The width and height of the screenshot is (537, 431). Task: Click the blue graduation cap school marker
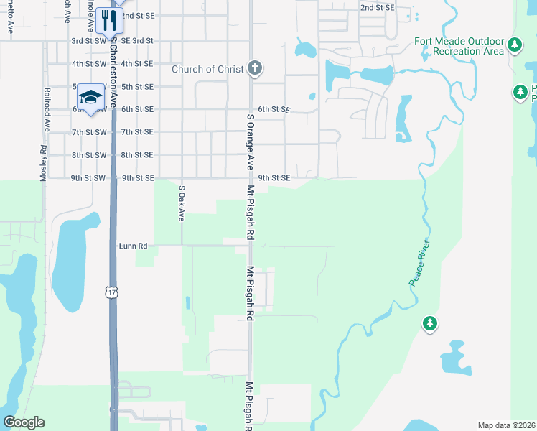[x=90, y=97]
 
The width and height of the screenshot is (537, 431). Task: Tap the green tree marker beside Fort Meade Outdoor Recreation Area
[x=514, y=45]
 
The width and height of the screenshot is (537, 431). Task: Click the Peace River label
[x=419, y=262]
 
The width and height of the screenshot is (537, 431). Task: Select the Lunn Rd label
[x=133, y=246]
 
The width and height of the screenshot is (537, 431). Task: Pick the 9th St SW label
[x=88, y=178]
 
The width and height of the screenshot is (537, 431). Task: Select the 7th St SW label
[x=88, y=132]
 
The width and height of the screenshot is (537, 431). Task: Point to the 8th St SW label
[x=88, y=155]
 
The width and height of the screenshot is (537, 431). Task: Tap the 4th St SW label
[x=88, y=64]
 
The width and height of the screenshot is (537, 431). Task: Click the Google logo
[x=24, y=422]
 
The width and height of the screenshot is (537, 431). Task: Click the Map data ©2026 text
[x=506, y=425]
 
